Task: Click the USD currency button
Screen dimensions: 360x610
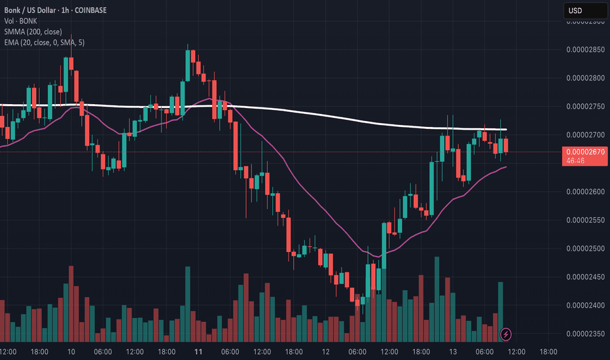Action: pos(584,10)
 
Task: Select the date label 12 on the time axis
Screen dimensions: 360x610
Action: pos(325,351)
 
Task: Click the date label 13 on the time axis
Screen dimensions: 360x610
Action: pos(452,351)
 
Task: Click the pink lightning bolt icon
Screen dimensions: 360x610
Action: pos(506,334)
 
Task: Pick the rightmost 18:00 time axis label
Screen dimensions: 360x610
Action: pos(548,351)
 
